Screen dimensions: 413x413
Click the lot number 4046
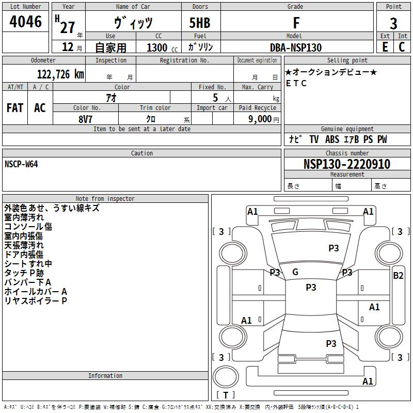click(25, 21)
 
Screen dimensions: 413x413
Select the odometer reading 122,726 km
click(60, 74)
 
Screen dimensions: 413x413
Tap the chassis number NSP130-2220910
click(347, 164)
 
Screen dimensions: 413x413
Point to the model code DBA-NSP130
click(296, 47)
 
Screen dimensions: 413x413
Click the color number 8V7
click(85, 119)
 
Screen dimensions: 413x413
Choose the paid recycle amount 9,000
click(260, 119)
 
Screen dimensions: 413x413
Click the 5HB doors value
click(200, 23)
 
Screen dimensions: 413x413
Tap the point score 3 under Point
click(393, 23)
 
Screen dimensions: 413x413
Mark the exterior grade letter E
click(385, 47)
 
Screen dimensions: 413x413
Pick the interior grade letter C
click(402, 47)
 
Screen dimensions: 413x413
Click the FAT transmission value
click(15, 108)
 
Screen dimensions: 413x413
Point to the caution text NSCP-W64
click(21, 164)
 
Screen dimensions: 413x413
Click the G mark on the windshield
click(295, 272)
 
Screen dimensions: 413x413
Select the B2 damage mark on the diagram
click(398, 276)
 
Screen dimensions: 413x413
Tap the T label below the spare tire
click(226, 395)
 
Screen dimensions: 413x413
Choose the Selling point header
click(347, 60)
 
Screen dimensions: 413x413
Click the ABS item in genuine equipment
click(332, 139)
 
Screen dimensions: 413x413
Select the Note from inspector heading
click(105, 199)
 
